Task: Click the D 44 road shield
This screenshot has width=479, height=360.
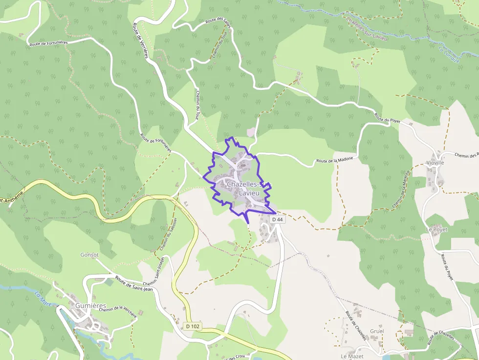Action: (x=277, y=220)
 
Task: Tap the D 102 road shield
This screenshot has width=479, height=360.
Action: (x=193, y=326)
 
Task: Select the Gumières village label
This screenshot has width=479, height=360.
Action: (x=91, y=306)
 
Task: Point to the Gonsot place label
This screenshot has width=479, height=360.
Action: (x=89, y=255)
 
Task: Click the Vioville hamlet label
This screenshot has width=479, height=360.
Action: (x=435, y=163)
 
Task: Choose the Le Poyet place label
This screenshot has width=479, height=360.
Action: (x=436, y=229)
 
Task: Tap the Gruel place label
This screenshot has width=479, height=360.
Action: (x=377, y=331)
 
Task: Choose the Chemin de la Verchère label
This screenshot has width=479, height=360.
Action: (x=117, y=313)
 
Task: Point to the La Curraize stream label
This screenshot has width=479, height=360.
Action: (x=449, y=54)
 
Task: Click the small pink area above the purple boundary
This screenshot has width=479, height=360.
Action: (x=251, y=132)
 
